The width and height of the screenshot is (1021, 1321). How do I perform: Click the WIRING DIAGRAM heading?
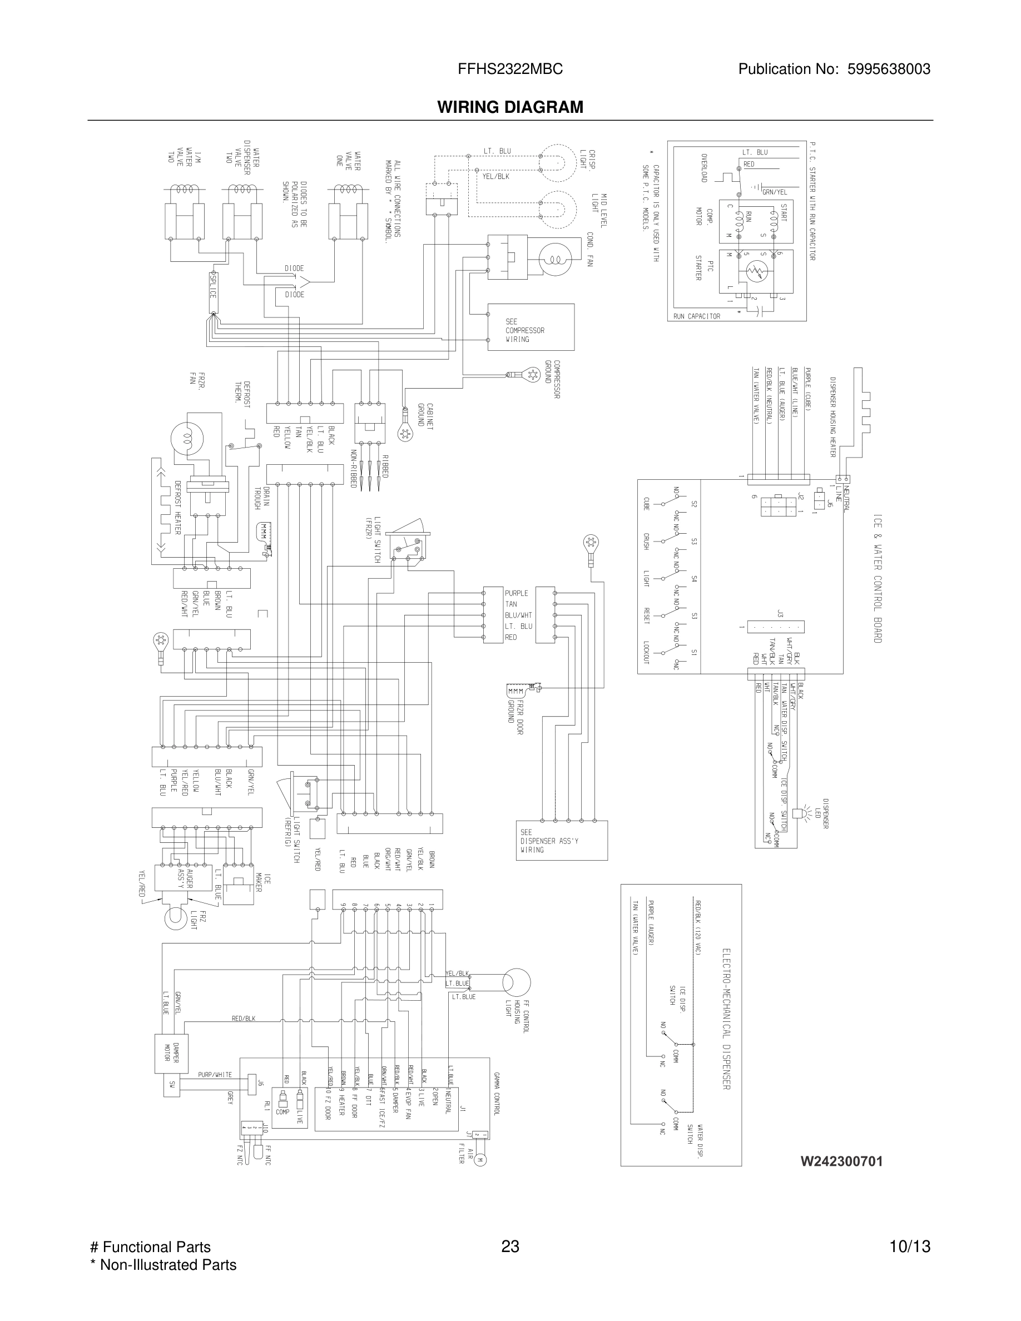click(x=510, y=107)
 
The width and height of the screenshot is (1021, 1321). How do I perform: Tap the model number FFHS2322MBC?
click(x=510, y=69)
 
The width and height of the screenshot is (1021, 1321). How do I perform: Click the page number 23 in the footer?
click(x=510, y=1246)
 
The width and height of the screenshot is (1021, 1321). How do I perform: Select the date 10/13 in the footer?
click(x=910, y=1246)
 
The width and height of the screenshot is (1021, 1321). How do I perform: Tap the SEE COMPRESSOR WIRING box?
click(x=531, y=327)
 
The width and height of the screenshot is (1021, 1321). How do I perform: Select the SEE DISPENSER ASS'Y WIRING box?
click(x=561, y=840)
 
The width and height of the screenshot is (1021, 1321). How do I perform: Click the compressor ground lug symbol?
click(x=532, y=374)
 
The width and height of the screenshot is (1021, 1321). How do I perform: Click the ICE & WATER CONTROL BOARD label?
click(x=877, y=578)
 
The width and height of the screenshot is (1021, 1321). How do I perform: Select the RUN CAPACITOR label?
click(x=696, y=316)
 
